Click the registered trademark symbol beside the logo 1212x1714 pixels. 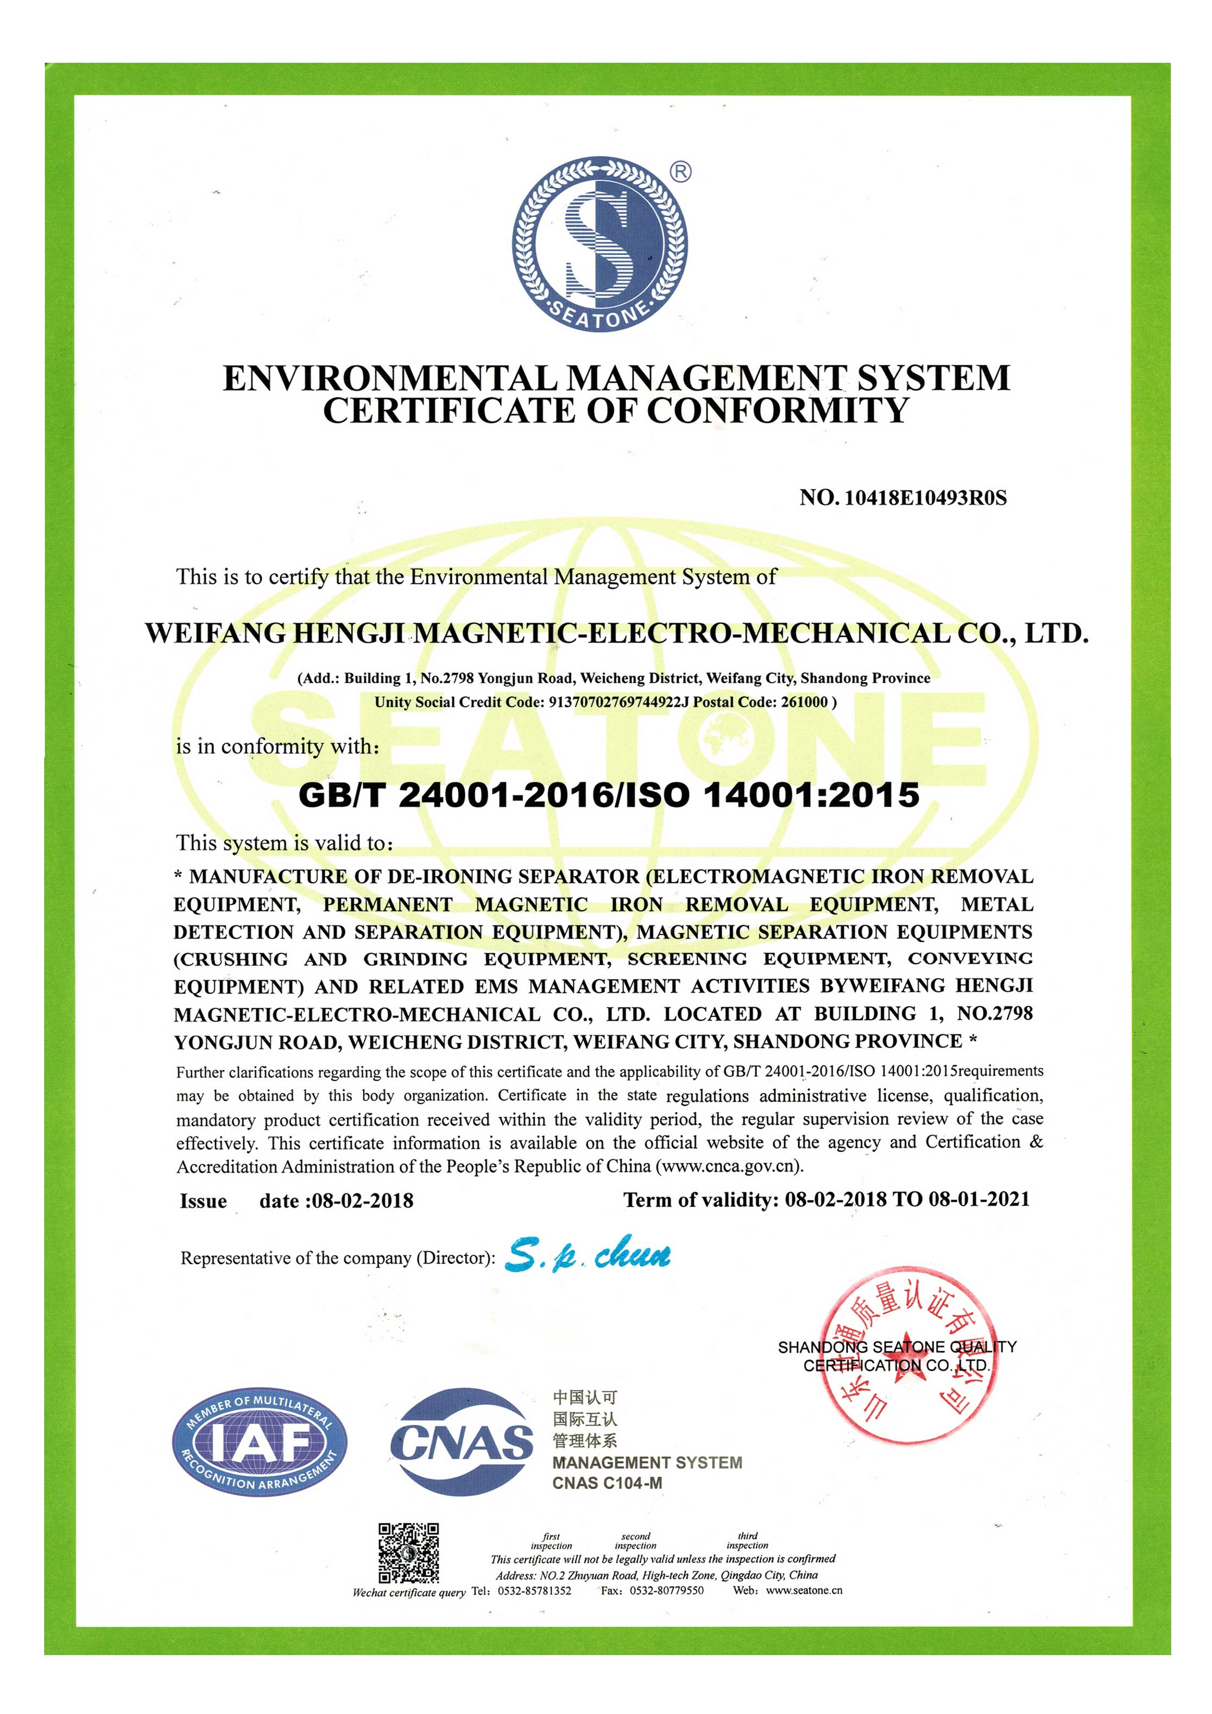click(x=680, y=173)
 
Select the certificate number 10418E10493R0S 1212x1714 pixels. click(x=925, y=498)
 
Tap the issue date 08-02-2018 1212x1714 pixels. click(x=363, y=1200)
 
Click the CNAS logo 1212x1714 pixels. click(x=462, y=1441)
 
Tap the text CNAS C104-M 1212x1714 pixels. click(x=607, y=1483)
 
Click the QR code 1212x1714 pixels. click(x=408, y=1553)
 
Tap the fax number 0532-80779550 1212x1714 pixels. click(x=666, y=1591)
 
